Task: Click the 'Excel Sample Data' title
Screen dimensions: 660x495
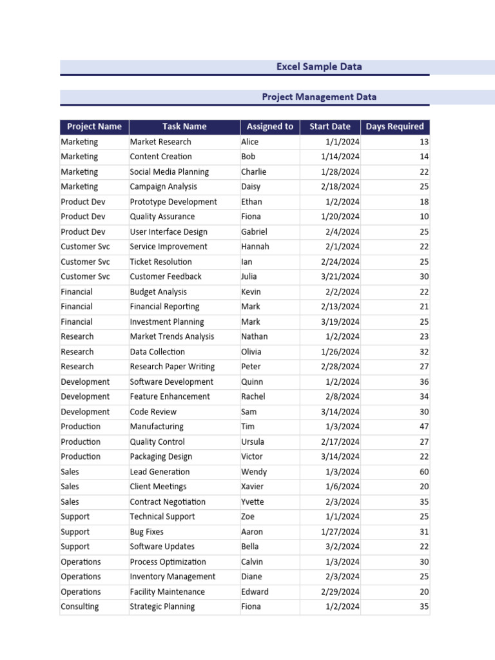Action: click(x=319, y=66)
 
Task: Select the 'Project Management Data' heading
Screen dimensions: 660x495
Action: click(x=319, y=97)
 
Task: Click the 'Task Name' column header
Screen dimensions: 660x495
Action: click(x=184, y=126)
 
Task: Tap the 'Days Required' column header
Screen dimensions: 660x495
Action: click(x=394, y=126)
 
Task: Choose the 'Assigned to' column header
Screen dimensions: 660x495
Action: click(x=269, y=126)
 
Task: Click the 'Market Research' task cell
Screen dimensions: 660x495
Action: click(x=160, y=142)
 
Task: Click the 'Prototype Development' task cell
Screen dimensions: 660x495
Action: click(x=173, y=202)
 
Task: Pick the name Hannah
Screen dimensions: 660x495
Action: click(x=255, y=247)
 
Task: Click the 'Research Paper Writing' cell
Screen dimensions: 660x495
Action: click(x=172, y=367)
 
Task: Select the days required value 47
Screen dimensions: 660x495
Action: click(x=423, y=427)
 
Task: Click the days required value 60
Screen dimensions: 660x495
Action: click(x=423, y=472)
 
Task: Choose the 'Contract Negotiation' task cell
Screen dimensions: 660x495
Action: click(x=168, y=502)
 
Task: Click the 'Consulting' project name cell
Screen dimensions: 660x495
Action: click(x=80, y=607)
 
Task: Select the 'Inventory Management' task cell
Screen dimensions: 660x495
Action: click(x=173, y=577)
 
